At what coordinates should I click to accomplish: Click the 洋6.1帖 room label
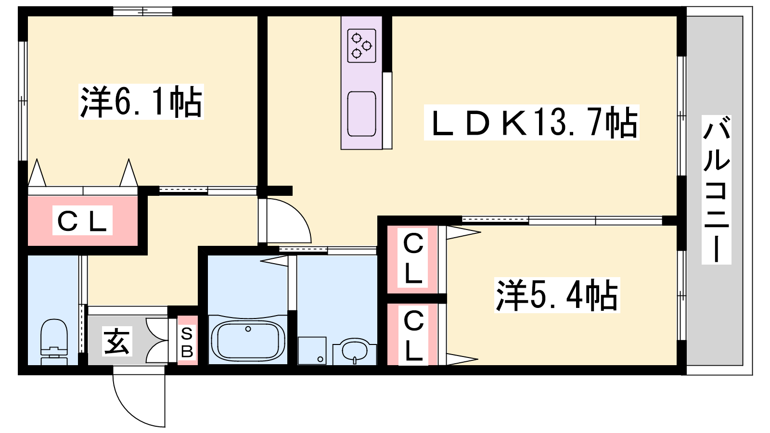[x=141, y=102]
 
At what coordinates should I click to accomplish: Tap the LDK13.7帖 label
[x=531, y=123]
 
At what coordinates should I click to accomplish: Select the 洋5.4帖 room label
[x=557, y=295]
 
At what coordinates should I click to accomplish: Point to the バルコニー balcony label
[x=717, y=190]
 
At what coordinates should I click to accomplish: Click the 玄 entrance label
[x=117, y=341]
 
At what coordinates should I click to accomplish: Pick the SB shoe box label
[x=187, y=342]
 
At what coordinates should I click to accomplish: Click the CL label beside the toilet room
[x=82, y=220]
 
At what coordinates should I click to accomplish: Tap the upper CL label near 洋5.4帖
[x=412, y=258]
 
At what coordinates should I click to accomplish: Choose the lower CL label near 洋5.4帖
[x=413, y=335]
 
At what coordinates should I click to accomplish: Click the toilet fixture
[x=54, y=342]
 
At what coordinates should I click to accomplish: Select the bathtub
[x=248, y=340]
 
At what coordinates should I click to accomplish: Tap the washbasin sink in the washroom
[x=355, y=351]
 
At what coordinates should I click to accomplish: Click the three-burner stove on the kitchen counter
[x=361, y=46]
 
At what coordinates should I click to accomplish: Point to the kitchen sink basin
[x=361, y=114]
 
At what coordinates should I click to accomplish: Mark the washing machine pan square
[x=312, y=351]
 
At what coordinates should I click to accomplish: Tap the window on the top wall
[x=142, y=12]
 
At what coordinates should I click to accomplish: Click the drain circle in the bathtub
[x=248, y=329]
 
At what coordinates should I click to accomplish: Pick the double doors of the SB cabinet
[x=157, y=341]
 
